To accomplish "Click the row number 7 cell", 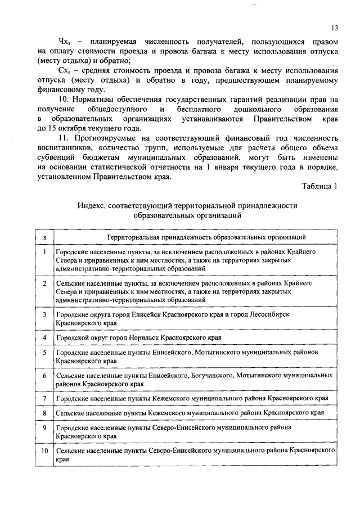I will point(44,398).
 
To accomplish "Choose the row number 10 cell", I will point(44,452).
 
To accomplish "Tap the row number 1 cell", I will point(44,252).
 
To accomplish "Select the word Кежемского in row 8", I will point(167,413).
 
